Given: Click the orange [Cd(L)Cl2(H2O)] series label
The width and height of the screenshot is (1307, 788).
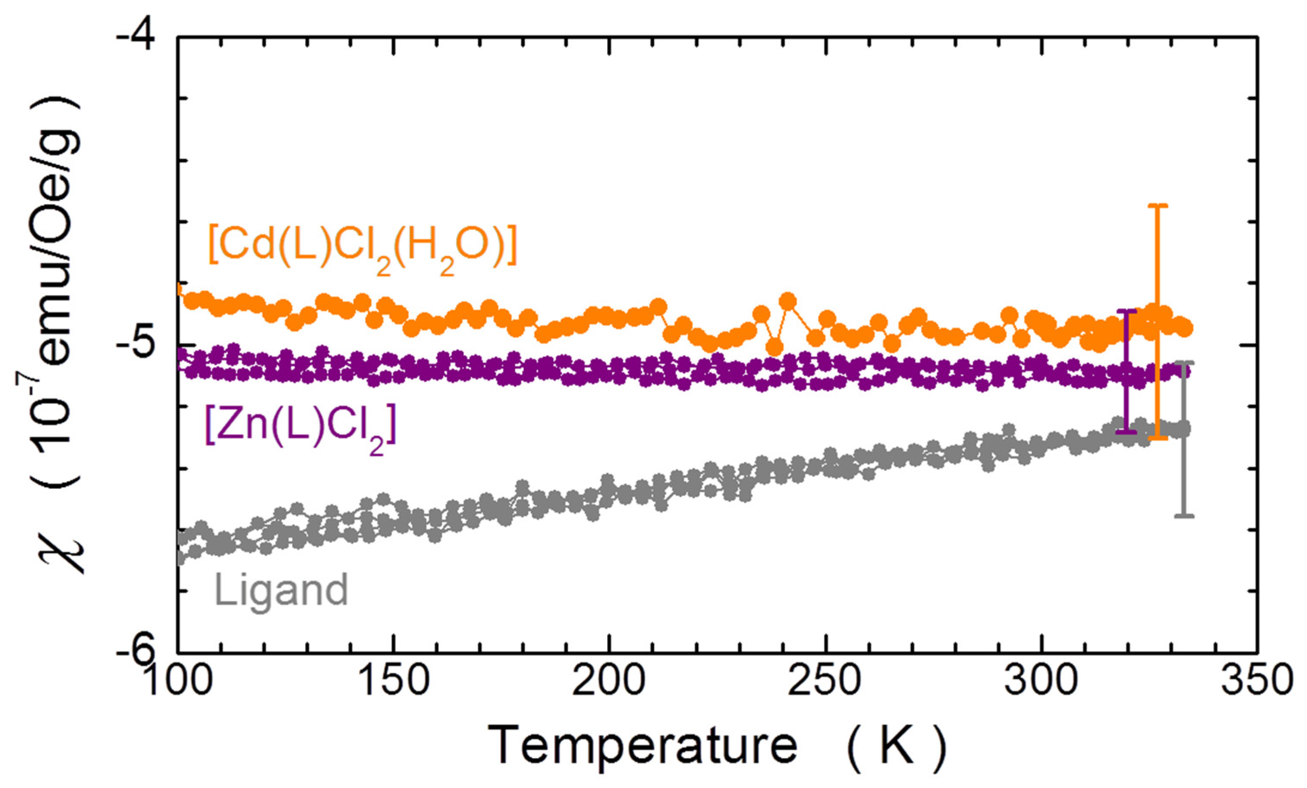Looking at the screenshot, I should click(362, 249).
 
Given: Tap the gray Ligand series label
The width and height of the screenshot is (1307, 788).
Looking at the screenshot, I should click(281, 590).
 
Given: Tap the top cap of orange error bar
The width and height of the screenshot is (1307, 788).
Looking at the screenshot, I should click(1158, 205).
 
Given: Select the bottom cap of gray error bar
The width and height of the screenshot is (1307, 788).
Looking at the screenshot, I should click(1184, 515).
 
